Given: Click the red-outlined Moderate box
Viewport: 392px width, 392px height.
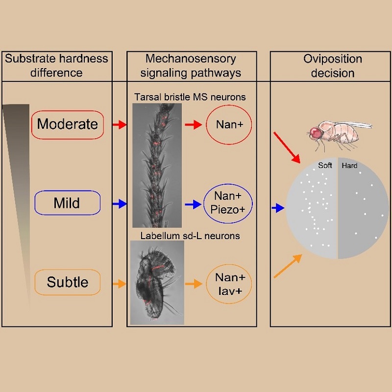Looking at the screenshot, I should pos(68,124).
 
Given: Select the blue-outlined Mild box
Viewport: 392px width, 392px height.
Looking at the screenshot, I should pos(68,202).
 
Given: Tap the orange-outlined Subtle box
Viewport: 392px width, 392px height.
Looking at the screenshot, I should pos(68,282).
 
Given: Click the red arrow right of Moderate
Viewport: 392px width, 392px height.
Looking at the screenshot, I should pos(119,125).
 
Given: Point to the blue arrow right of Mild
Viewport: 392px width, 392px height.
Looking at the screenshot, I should pos(119,204).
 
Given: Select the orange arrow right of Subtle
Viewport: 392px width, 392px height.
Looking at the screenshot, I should pos(119,283).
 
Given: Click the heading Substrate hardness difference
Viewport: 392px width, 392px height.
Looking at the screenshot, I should pos(56,66).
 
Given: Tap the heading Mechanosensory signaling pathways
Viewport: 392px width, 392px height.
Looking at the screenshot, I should pos(191,66).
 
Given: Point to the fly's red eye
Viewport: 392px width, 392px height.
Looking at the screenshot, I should pos(315,132).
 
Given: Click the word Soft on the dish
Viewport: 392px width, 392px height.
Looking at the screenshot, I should pos(325,166).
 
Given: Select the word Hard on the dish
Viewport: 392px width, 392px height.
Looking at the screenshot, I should pos(349,166).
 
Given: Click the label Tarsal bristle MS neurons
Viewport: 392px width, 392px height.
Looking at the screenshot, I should pos(190,97).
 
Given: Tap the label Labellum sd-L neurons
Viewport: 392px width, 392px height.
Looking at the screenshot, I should pos(190,236).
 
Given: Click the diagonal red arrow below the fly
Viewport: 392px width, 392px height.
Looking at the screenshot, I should pos(288,147).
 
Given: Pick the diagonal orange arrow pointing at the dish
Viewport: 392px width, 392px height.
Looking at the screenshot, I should pos(287,266).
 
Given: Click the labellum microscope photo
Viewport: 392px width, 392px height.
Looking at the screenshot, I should pos(157,282).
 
